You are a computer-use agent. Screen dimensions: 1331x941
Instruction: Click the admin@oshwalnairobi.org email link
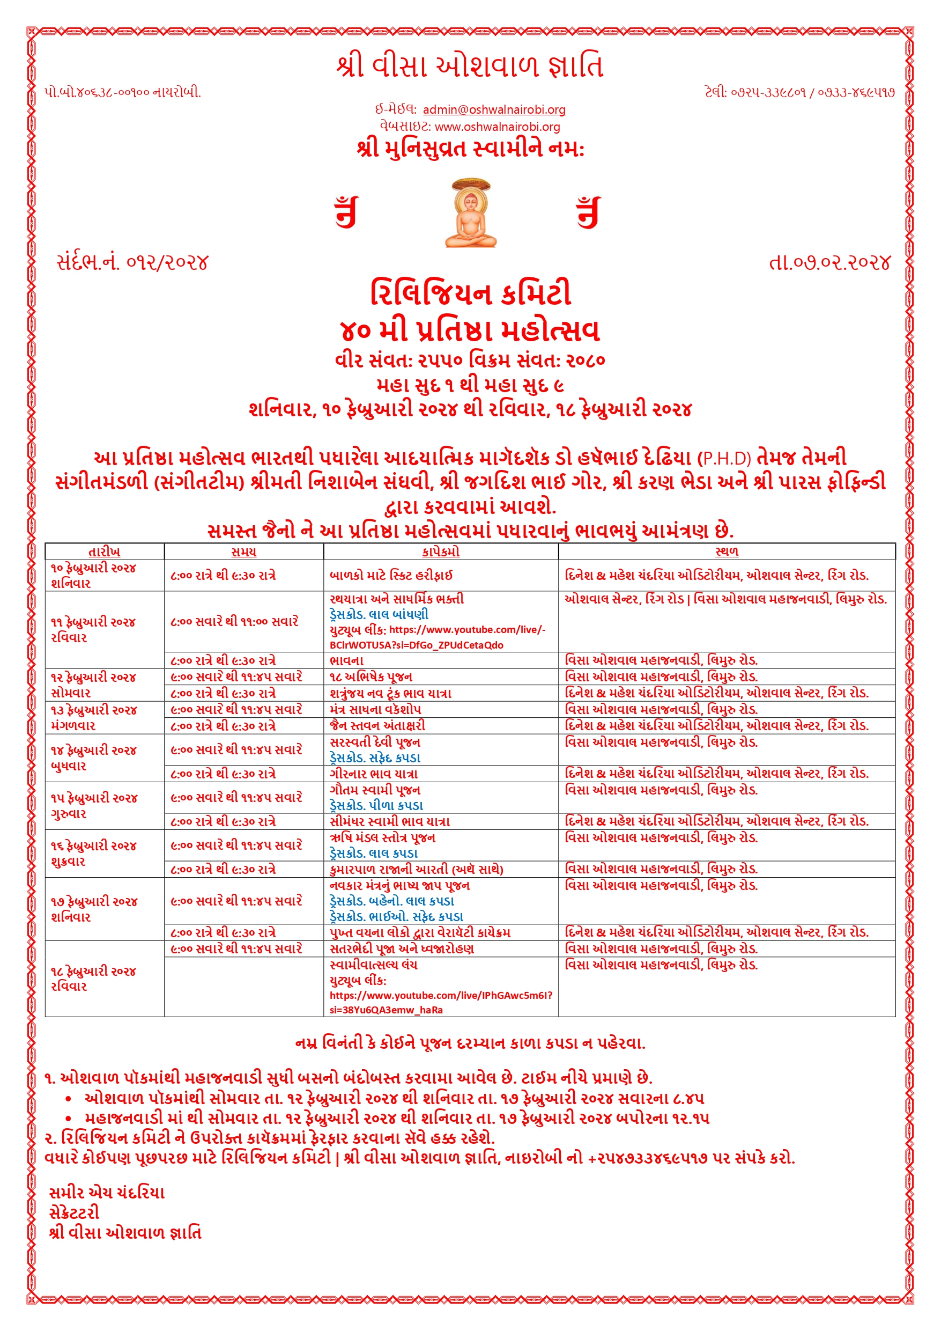[494, 109]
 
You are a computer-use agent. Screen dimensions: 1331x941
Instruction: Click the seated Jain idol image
[471, 214]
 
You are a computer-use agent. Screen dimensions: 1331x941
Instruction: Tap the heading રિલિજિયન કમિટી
[471, 293]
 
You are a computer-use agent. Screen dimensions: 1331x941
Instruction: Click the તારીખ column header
[105, 552]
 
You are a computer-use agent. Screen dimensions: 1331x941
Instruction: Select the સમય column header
[243, 552]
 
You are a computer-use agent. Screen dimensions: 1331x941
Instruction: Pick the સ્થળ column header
[727, 552]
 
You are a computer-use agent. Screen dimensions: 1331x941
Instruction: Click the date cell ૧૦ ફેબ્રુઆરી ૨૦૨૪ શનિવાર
[93, 576]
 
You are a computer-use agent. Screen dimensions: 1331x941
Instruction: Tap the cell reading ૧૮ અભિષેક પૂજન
[371, 677]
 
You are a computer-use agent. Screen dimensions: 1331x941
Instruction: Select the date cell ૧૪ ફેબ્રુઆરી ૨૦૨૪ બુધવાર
[93, 758]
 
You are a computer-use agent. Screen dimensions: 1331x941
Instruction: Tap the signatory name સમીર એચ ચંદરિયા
[107, 1193]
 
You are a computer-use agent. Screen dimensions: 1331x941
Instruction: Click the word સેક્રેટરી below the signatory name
[75, 1213]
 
